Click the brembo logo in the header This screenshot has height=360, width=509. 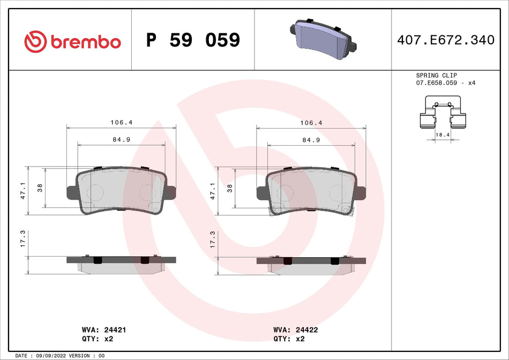coord(72,41)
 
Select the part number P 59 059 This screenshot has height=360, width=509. coord(193,40)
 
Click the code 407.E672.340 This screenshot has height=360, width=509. coord(446,40)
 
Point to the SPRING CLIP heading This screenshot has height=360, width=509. coord(436,76)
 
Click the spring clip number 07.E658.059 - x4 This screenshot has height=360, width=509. coord(446,84)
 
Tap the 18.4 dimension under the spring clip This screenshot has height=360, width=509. coord(443,136)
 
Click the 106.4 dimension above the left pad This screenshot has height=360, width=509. coord(121,123)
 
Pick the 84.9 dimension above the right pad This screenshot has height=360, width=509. coord(311,140)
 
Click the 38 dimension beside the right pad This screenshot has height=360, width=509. coord(230,188)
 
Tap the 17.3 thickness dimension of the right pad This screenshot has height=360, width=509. coord(213,238)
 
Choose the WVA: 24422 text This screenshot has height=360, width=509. coord(295,330)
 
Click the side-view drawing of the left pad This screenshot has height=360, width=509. coord(121,263)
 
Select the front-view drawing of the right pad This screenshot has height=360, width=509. coord(311,192)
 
